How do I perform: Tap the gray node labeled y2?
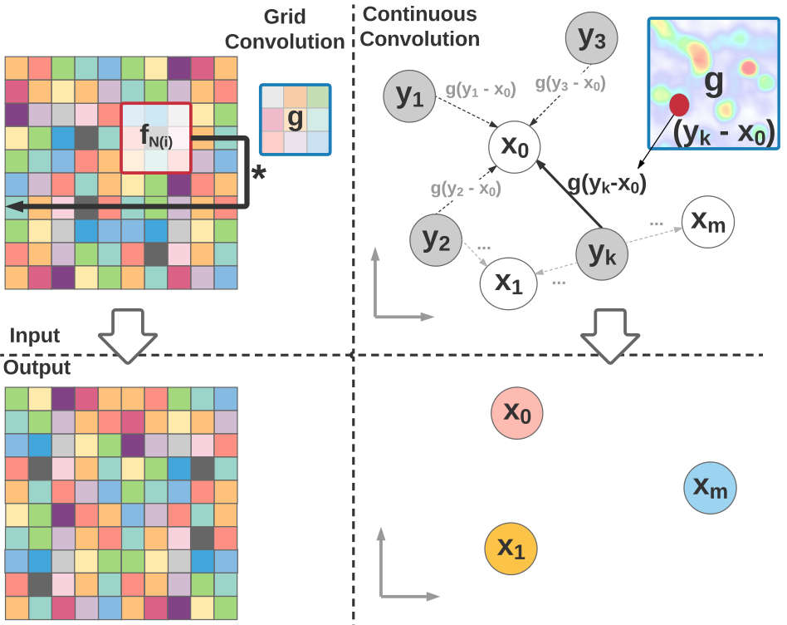click(x=435, y=240)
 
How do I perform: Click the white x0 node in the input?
click(x=515, y=147)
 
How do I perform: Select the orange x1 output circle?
click(x=511, y=548)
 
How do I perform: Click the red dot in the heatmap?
click(x=679, y=105)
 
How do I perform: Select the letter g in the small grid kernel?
click(x=294, y=120)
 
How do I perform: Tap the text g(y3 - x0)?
click(x=570, y=83)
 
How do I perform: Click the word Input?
click(x=35, y=336)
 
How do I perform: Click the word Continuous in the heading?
click(x=420, y=14)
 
